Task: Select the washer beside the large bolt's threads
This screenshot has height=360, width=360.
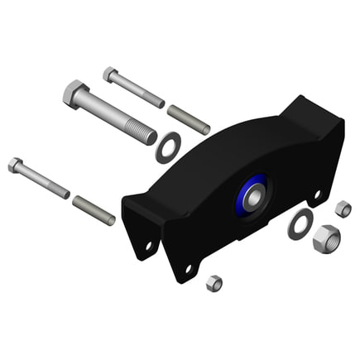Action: tap(170, 147)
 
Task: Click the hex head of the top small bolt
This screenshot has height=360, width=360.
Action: tap(110, 74)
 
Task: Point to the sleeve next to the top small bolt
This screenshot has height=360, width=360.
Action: tap(189, 119)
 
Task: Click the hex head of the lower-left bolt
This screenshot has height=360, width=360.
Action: tap(16, 165)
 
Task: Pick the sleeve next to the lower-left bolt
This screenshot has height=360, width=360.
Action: tap(94, 209)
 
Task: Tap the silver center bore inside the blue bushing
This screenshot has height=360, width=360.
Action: tap(252, 197)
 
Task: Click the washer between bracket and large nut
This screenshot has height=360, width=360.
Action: tap(300, 223)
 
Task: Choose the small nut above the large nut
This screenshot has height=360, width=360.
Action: tap(343, 209)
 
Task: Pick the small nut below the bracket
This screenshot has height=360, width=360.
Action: tap(214, 283)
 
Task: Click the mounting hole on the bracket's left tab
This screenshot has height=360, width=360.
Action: tap(149, 245)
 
